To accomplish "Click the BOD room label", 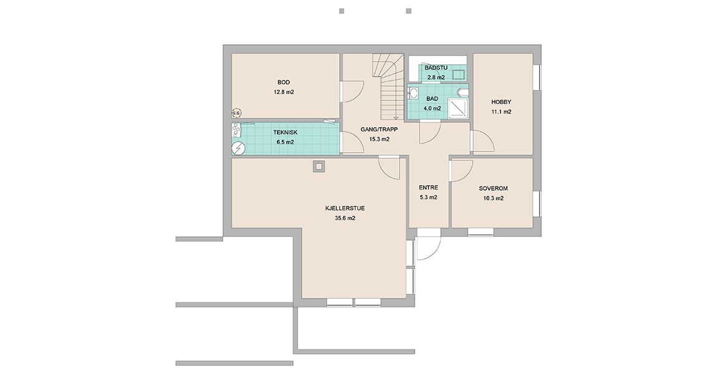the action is click(x=284, y=82).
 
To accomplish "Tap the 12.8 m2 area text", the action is click(x=284, y=92).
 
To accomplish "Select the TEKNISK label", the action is click(x=286, y=132).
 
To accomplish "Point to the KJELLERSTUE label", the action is click(x=345, y=208).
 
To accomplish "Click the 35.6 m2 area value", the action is click(x=345, y=218).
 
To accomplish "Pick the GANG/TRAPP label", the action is click(x=379, y=130).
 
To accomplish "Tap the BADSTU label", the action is click(x=436, y=68).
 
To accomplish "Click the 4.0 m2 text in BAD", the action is click(x=432, y=108).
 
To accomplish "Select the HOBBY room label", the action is click(x=501, y=102).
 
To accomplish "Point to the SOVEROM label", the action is click(x=493, y=188).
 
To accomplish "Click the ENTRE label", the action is click(x=428, y=188).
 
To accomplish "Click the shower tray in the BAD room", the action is click(x=456, y=108).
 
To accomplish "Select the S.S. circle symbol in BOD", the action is click(x=236, y=112).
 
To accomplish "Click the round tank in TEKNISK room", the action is click(x=238, y=148).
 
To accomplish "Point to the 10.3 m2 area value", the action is click(x=493, y=198).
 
